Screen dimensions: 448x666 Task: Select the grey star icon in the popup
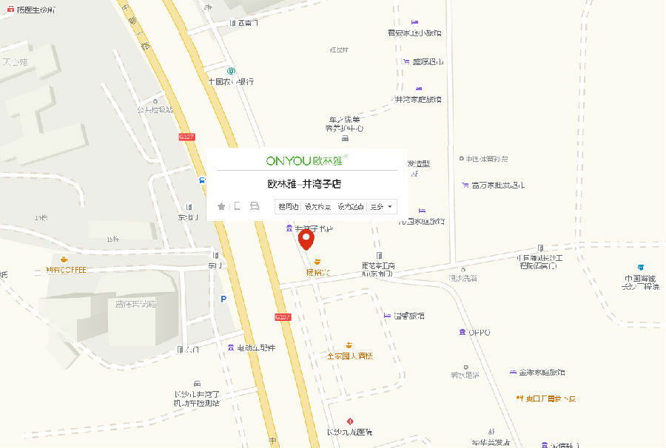[x=221, y=206]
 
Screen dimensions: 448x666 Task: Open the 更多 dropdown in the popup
[x=382, y=207]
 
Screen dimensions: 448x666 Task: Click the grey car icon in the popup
[x=255, y=206]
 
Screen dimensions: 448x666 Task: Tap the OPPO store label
[x=479, y=333]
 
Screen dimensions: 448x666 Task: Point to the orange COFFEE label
[x=66, y=270]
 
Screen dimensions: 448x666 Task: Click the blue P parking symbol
[x=223, y=299]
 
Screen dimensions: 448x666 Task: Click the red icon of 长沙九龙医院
[x=350, y=421]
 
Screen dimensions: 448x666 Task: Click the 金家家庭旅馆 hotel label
[x=542, y=372]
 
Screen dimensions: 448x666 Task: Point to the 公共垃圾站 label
[x=155, y=110]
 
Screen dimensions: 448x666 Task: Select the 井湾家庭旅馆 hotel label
[x=419, y=98]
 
